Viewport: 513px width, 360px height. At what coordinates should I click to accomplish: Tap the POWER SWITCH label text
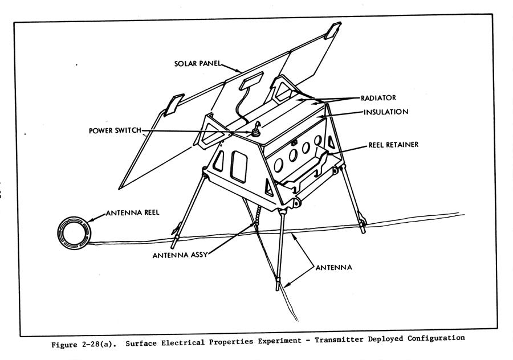point(115,130)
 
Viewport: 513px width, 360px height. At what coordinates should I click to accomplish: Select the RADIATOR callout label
point(378,97)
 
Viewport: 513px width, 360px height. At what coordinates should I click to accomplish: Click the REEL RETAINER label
point(394,145)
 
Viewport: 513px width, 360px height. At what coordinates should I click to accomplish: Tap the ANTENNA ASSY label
point(178,255)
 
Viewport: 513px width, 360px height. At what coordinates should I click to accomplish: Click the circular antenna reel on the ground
point(74,231)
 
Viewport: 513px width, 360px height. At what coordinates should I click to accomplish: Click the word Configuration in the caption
point(435,338)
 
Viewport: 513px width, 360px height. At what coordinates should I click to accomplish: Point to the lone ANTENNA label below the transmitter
point(333,267)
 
